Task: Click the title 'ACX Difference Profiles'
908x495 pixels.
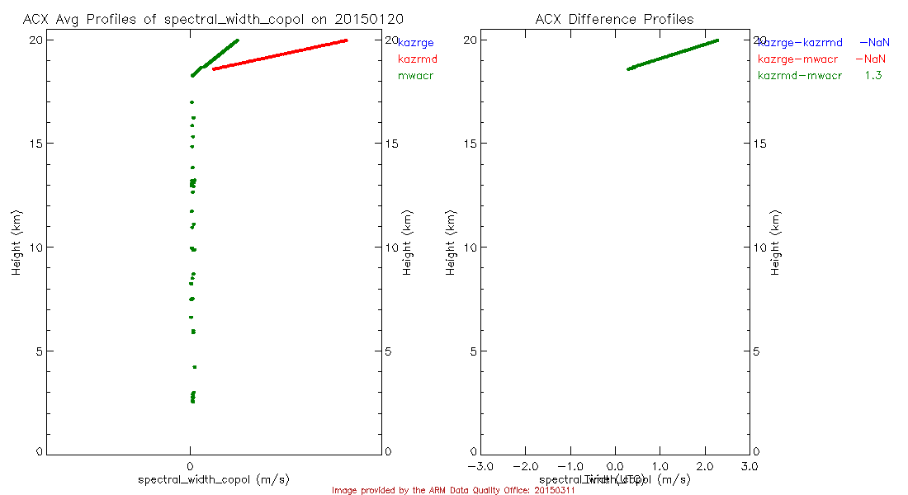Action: coord(614,19)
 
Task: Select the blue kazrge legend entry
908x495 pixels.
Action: coord(415,42)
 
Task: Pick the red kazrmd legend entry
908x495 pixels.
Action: coord(417,59)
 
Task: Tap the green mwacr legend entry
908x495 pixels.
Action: coord(415,76)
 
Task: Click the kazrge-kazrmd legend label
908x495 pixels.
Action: coord(800,42)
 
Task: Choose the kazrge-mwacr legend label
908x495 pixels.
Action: coord(800,59)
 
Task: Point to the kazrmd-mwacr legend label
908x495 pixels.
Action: coord(800,76)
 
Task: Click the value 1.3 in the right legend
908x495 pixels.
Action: coord(873,76)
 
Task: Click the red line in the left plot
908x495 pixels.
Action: coord(281,54)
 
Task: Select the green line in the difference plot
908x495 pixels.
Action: coord(673,54)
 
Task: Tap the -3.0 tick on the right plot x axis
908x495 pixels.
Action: coord(480,467)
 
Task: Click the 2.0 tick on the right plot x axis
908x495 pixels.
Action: coord(704,467)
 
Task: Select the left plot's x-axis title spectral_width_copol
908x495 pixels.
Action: coord(214,479)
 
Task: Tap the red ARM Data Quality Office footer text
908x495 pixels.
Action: coord(453,490)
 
